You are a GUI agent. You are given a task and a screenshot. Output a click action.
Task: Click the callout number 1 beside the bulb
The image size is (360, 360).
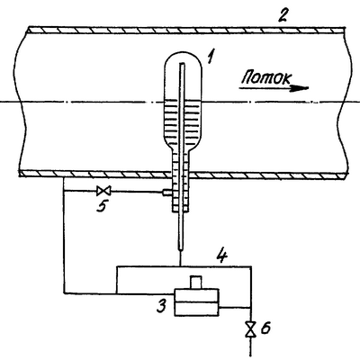(x=211, y=56)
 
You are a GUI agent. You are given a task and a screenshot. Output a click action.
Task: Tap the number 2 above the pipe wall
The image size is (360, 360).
(x=282, y=15)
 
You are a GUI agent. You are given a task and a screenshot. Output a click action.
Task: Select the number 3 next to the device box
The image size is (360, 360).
(x=162, y=306)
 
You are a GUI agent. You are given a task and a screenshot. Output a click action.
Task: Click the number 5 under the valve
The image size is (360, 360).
(x=102, y=206)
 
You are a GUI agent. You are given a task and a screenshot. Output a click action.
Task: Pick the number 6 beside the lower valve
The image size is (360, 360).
(x=265, y=328)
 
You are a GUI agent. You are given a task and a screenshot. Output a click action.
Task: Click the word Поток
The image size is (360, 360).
(x=266, y=77)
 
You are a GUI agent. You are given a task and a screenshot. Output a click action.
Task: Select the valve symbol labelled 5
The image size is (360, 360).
(x=103, y=191)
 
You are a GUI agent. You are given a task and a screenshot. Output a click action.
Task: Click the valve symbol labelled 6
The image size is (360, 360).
(x=251, y=329)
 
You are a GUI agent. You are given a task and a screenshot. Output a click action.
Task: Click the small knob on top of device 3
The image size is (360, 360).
(x=196, y=283)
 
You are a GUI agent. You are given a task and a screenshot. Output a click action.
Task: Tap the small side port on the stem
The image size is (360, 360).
(x=167, y=193)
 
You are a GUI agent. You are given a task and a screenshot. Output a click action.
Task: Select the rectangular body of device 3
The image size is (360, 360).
(x=196, y=302)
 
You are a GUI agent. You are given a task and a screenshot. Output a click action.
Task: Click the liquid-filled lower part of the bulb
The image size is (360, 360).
(x=184, y=123)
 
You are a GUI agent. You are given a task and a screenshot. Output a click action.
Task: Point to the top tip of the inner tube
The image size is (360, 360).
(x=182, y=63)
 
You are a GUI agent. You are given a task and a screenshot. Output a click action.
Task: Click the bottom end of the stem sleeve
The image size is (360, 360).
(x=181, y=211)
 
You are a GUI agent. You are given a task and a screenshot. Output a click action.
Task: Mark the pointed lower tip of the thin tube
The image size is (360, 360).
(x=180, y=250)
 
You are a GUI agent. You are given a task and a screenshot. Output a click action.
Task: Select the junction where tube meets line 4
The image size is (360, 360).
(x=180, y=266)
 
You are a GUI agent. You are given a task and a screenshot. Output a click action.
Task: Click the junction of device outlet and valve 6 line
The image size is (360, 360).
(x=251, y=308)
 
